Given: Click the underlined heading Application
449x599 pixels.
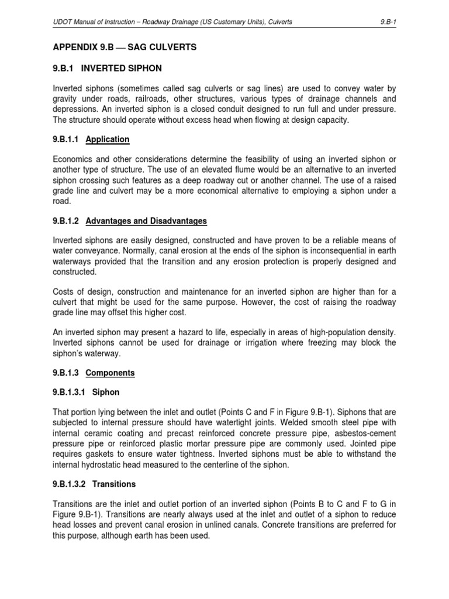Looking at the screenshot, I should pyautogui.click(x=108, y=140).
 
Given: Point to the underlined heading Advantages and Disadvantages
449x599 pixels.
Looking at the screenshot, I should pyautogui.click(x=146, y=221).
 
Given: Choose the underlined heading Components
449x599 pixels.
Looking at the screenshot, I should pyautogui.click(x=110, y=373).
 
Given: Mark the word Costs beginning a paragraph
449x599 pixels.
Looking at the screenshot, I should pyautogui.click(x=64, y=291).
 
